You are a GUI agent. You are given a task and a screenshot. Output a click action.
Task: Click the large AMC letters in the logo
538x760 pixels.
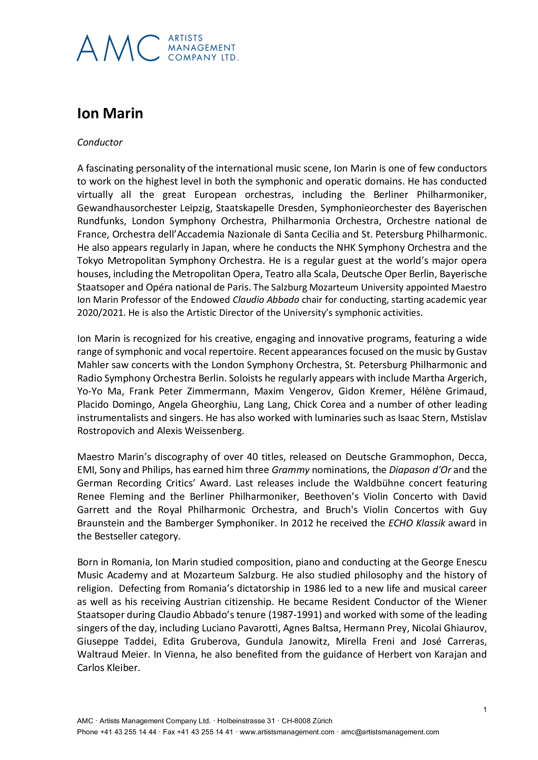pyautogui.click(x=118, y=48)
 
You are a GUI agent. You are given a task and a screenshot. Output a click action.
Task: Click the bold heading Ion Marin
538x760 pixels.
pyautogui.click(x=110, y=113)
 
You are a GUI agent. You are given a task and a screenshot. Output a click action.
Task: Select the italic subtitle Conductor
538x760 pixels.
pyautogui.click(x=100, y=142)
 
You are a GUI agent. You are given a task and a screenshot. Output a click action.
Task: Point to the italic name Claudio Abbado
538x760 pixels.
pyautogui.click(x=266, y=300)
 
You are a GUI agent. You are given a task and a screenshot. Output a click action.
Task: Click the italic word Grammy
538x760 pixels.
pyautogui.click(x=290, y=470)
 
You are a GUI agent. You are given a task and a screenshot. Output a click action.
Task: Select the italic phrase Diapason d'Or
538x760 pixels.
pyautogui.click(x=420, y=470)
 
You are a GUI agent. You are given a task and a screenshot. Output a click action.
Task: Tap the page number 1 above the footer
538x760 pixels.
pyautogui.click(x=485, y=709)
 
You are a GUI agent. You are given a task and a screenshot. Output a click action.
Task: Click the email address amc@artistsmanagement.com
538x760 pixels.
pyautogui.click(x=390, y=732)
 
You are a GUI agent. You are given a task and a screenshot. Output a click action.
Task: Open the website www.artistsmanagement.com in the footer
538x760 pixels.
pyautogui.click(x=287, y=732)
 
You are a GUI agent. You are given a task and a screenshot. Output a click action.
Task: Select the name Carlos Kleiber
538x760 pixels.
pyautogui.click(x=108, y=668)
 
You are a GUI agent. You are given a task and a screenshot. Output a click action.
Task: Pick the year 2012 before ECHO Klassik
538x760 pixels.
pyautogui.click(x=303, y=523)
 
